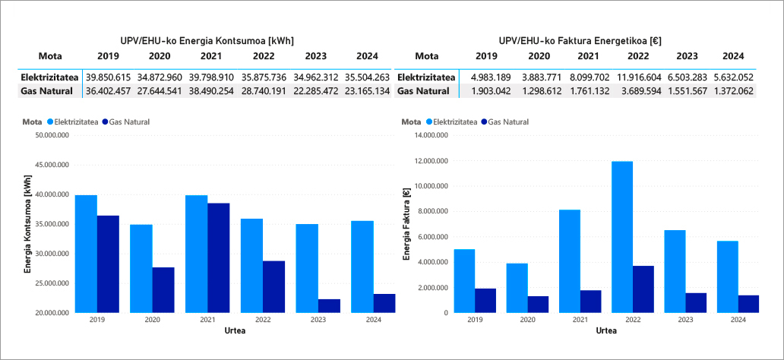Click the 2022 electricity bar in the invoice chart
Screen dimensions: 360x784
tap(621, 236)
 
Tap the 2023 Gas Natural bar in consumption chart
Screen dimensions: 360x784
tap(329, 305)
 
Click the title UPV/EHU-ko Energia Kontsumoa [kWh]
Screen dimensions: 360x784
tap(207, 40)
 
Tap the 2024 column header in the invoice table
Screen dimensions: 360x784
tap(733, 56)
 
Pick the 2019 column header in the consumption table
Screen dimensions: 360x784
tap(109, 56)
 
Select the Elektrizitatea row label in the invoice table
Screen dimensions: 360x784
tap(426, 77)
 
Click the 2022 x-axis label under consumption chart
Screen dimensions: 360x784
tap(252, 320)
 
